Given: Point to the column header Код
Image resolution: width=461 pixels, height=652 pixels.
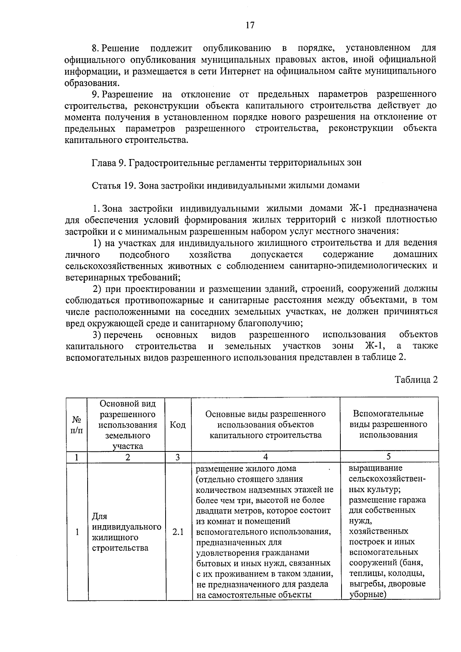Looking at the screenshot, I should point(177,425).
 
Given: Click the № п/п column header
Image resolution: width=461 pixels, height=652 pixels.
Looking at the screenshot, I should point(76,425).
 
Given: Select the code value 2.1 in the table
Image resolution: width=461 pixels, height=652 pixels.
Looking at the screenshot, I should point(177,532).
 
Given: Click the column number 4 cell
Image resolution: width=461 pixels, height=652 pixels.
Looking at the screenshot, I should point(265,457).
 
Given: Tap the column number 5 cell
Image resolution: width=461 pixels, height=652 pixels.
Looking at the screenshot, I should point(388,456).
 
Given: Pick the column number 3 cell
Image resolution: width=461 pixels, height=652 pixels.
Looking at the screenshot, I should point(177,457).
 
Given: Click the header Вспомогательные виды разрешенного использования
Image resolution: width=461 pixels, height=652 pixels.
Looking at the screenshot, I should point(388,424).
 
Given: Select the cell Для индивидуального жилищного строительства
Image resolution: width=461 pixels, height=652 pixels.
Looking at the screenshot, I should point(126,532).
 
